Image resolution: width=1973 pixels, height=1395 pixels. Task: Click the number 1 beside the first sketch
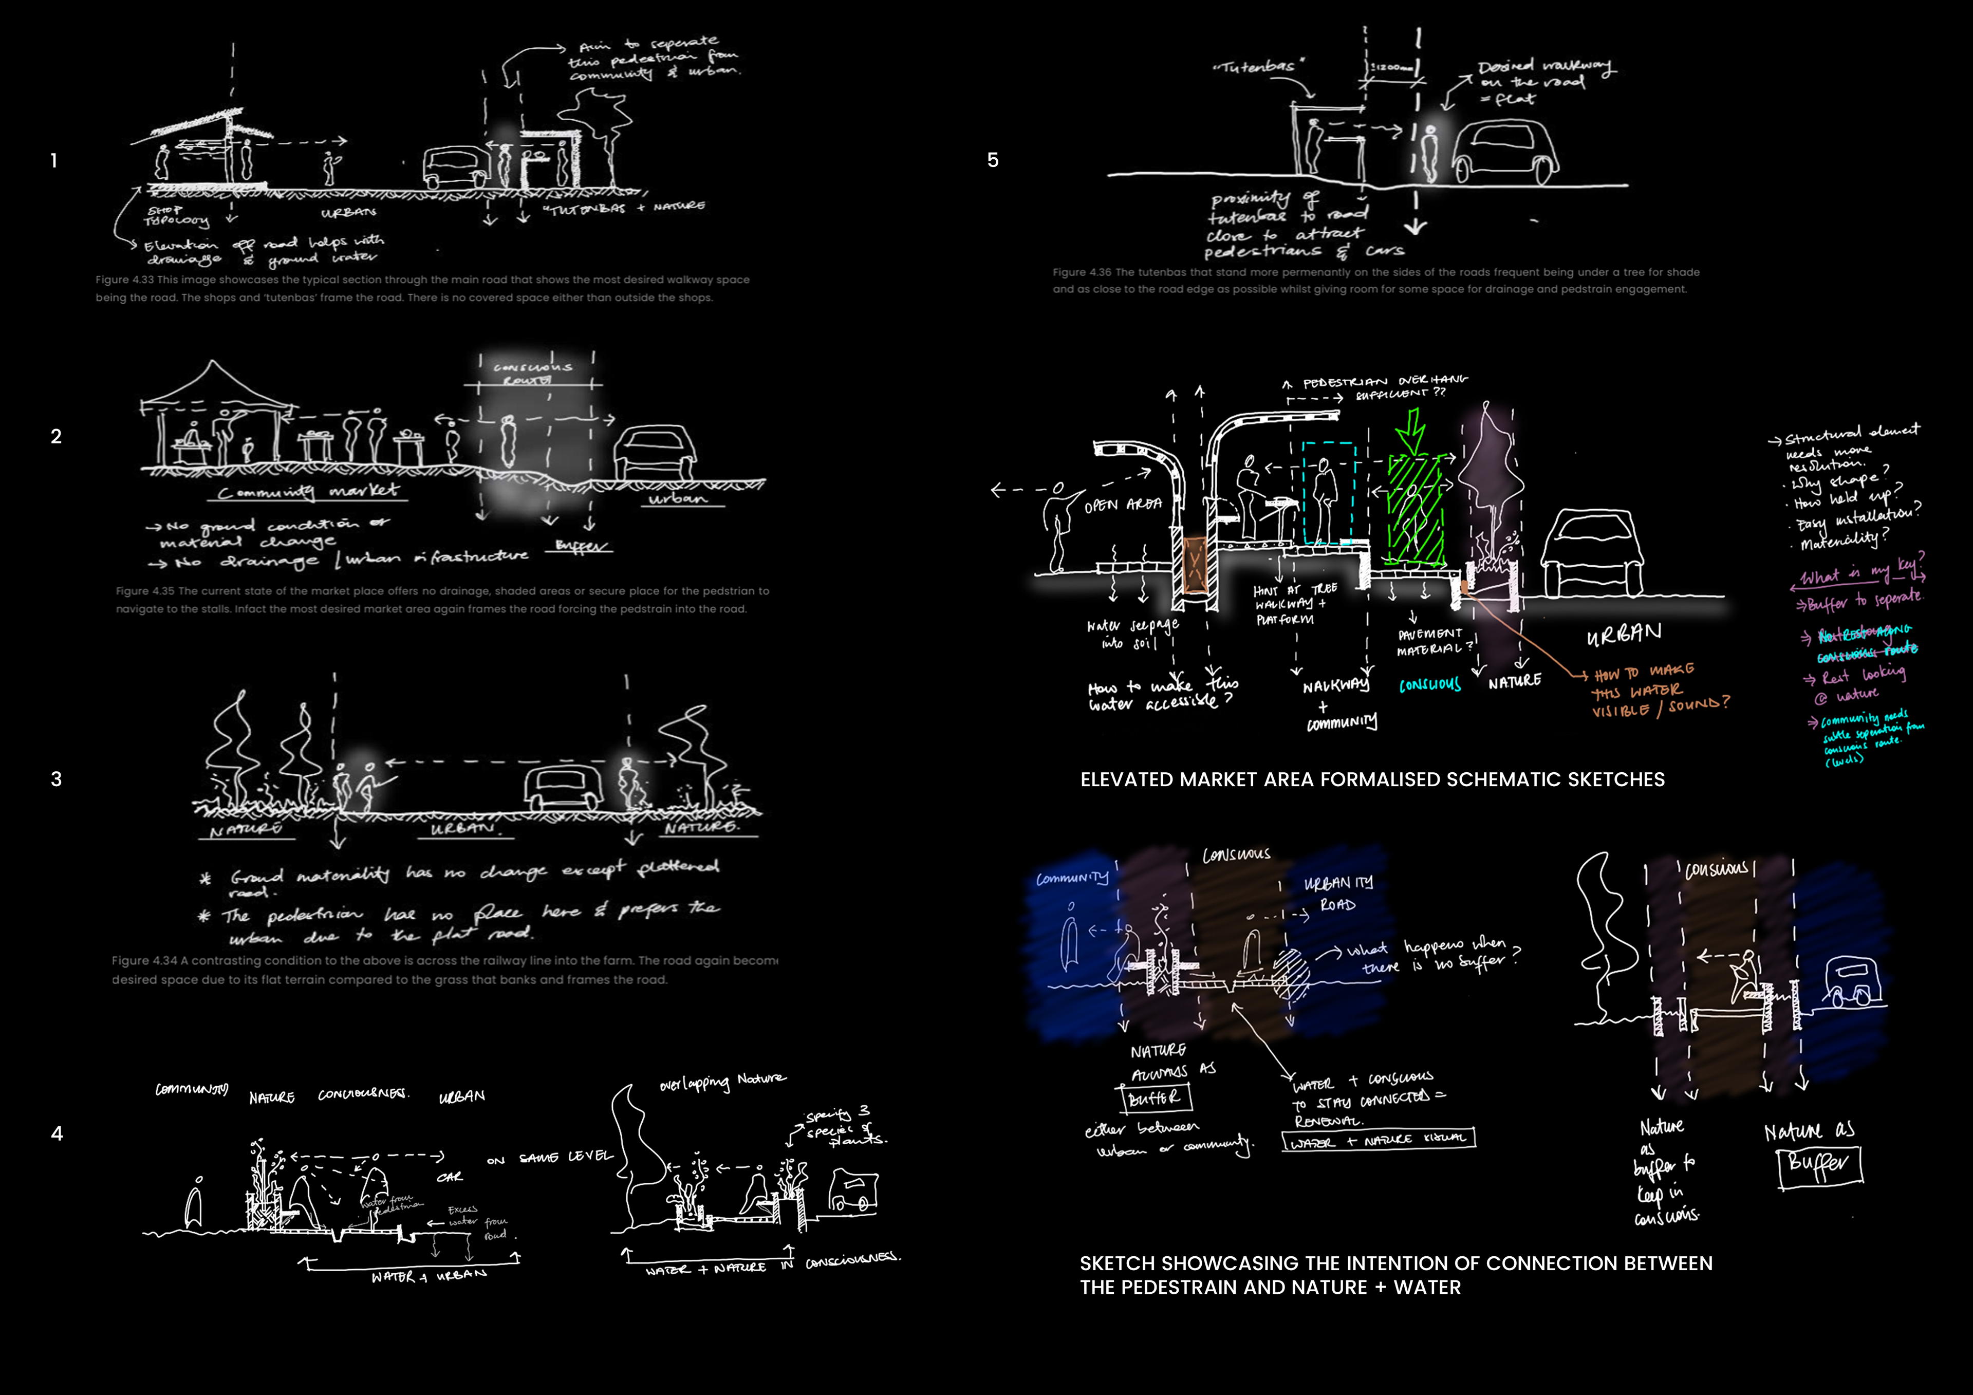(x=54, y=161)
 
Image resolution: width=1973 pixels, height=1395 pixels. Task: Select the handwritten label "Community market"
(x=308, y=492)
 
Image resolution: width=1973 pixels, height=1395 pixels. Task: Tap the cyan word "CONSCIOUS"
(x=1430, y=685)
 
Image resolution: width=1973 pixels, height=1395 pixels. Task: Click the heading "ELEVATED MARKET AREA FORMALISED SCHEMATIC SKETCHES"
(x=1372, y=779)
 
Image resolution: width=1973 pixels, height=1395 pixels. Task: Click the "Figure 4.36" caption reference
(x=1082, y=272)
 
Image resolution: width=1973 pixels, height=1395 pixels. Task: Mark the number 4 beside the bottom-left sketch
(x=57, y=1133)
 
